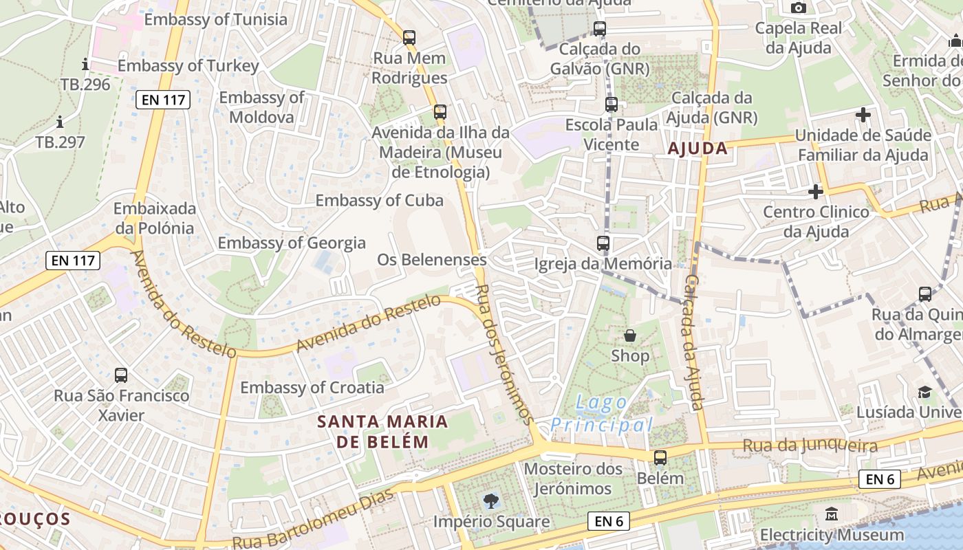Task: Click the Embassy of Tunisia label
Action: pos(215,19)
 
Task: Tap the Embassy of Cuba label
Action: pos(379,201)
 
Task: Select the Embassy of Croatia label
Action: pos(312,388)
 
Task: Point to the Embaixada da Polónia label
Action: pos(155,218)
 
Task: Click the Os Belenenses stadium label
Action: pos(431,260)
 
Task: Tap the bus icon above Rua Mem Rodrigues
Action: pos(409,38)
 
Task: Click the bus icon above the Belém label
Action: pos(660,458)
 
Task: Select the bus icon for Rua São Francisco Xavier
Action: pos(121,375)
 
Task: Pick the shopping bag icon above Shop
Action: pos(630,335)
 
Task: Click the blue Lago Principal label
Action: pos(601,414)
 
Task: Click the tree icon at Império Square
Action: pos(491,501)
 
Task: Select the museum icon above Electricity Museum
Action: pos(832,514)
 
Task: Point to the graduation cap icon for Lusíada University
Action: pos(924,392)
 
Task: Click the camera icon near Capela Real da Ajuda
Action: pos(799,8)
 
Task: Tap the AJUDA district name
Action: pos(697,148)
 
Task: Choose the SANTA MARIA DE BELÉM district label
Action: pos(382,431)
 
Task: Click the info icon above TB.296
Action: pos(85,65)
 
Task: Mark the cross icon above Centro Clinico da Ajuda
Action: pos(816,191)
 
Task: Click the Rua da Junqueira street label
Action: pos(810,446)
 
